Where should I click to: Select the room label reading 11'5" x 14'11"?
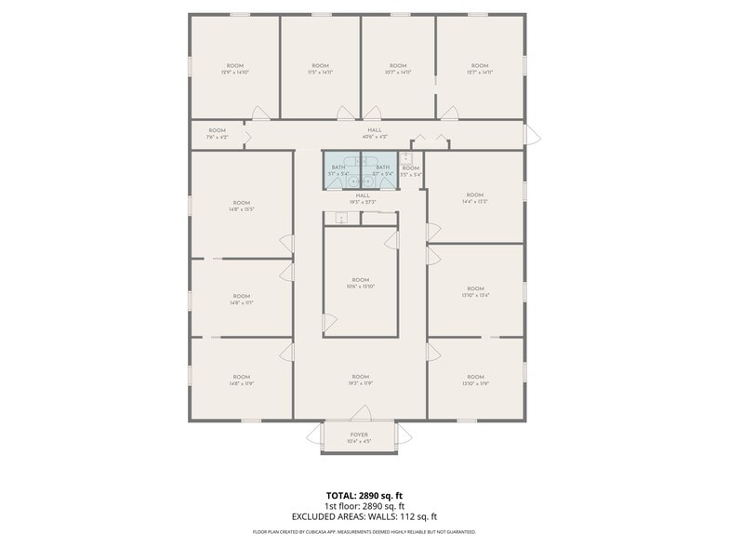click(x=320, y=68)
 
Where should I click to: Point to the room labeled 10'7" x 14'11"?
click(x=398, y=68)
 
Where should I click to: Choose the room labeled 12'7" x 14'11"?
click(x=480, y=68)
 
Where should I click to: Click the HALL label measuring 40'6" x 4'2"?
click(x=374, y=133)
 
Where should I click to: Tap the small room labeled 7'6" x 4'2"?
click(x=217, y=133)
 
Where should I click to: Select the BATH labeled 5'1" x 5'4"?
click(x=338, y=169)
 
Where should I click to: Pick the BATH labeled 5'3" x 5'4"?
click(x=382, y=169)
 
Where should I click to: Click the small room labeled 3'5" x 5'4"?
click(x=410, y=170)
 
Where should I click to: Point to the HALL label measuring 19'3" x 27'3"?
click(x=362, y=198)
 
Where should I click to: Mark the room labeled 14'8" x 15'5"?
click(x=241, y=206)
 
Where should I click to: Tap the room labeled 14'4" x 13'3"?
click(x=474, y=197)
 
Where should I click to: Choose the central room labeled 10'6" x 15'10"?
click(x=360, y=283)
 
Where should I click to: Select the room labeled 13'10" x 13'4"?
click(x=474, y=291)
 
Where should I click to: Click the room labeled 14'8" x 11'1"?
click(x=241, y=299)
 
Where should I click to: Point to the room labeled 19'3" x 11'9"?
click(x=360, y=380)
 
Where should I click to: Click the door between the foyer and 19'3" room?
click(x=362, y=413)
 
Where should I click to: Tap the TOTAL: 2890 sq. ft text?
click(x=364, y=495)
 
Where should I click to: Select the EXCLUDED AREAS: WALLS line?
click(x=364, y=516)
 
